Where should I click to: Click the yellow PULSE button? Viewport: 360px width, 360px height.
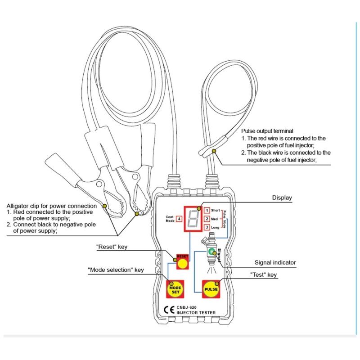click(x=211, y=289)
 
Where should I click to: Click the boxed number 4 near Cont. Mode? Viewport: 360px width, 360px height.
click(x=179, y=219)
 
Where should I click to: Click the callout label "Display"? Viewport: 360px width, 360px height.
click(x=282, y=198)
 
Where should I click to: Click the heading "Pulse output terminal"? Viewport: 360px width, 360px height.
click(x=267, y=130)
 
